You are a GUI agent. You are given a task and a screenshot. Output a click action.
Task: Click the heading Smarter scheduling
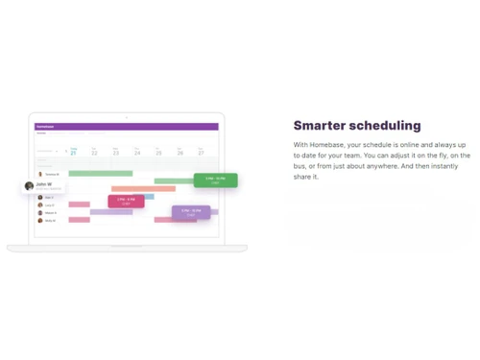[356, 125]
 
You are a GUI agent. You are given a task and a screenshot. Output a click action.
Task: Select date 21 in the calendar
[74, 153]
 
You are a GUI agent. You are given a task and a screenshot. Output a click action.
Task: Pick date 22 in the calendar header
[94, 153]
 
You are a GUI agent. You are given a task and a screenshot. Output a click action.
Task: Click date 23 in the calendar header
[116, 153]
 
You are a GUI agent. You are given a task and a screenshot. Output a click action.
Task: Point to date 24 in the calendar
[137, 153]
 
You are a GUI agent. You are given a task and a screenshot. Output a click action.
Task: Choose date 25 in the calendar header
[158, 153]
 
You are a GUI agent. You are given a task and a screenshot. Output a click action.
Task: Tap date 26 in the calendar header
[180, 153]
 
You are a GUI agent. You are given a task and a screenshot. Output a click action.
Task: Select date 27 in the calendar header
[201, 153]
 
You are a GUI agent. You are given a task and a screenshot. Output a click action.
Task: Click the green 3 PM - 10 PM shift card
[215, 180]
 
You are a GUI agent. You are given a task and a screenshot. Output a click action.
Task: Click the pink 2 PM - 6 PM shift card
[126, 201]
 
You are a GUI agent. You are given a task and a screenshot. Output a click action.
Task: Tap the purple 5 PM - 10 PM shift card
[191, 212]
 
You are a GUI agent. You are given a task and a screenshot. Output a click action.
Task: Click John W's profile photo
[30, 185]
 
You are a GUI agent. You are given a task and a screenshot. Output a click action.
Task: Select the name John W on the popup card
[44, 183]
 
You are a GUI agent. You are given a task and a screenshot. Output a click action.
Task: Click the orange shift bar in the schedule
[143, 189]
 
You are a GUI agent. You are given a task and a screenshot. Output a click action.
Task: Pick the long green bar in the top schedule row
[100, 174]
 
